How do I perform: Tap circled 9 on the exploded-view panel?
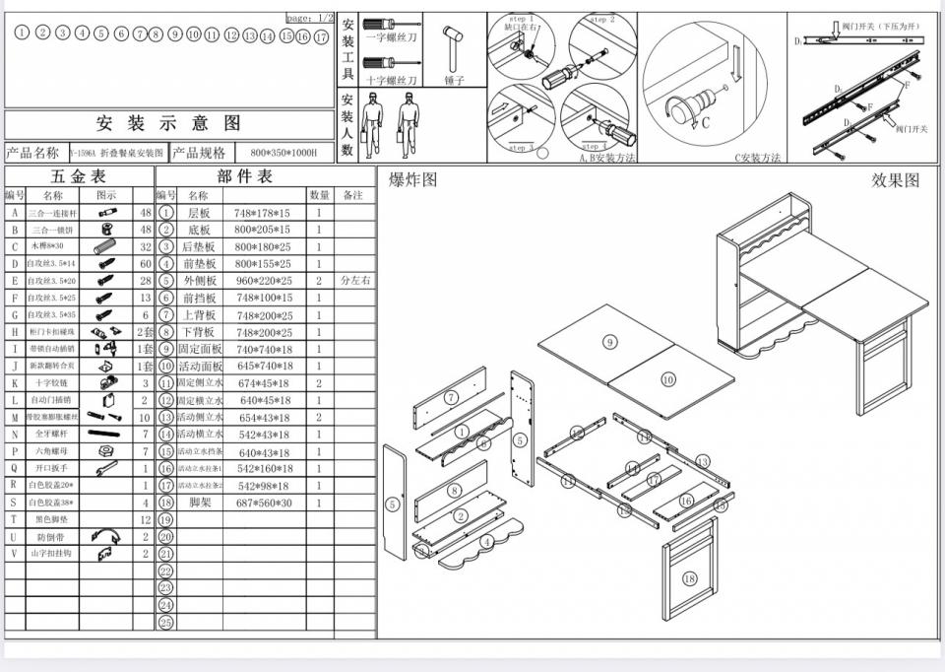pyautogui.click(x=609, y=342)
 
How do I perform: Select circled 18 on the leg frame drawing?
pyautogui.click(x=689, y=578)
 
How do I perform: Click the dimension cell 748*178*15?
pyautogui.click(x=263, y=213)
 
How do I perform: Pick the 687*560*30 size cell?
pyautogui.click(x=263, y=503)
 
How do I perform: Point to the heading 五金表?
pyautogui.click(x=78, y=176)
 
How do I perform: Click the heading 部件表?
pyautogui.click(x=245, y=176)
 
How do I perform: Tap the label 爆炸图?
pyautogui.click(x=412, y=179)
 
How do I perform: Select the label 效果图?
pyautogui.click(x=895, y=179)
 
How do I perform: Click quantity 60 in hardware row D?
pyautogui.click(x=146, y=264)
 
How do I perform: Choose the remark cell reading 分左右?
pyautogui.click(x=355, y=281)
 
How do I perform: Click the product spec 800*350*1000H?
pyautogui.click(x=284, y=153)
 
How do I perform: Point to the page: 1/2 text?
pyautogui.click(x=310, y=18)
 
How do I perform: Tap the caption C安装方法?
pyautogui.click(x=757, y=158)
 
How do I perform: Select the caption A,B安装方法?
pyautogui.click(x=607, y=158)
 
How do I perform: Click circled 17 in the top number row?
pyautogui.click(x=321, y=36)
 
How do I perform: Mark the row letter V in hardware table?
pyautogui.click(x=14, y=554)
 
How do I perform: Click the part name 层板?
pyautogui.click(x=199, y=213)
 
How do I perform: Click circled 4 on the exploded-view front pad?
pyautogui.click(x=486, y=542)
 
